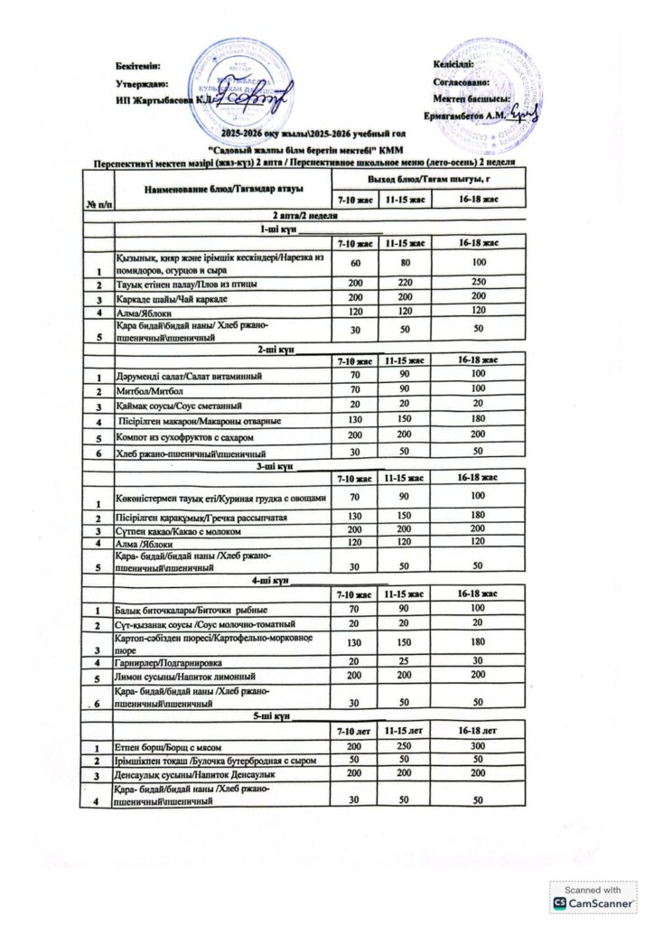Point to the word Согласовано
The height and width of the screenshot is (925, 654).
pyautogui.click(x=462, y=83)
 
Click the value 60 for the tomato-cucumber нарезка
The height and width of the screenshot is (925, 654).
pyautogui.click(x=354, y=263)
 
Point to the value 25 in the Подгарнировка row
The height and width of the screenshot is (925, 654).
pyautogui.click(x=406, y=661)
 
